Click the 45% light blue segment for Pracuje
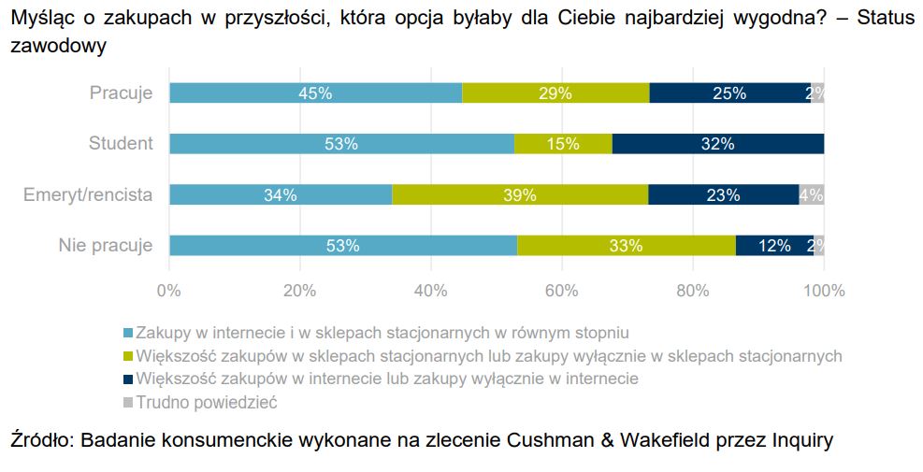coord(315,93)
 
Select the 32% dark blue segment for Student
coord(718,144)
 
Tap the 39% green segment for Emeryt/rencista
coord(520,194)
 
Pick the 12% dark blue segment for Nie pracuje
coord(773,246)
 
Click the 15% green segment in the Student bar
coord(563,144)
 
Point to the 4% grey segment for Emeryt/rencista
coord(812,194)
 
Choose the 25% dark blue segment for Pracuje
coord(729,93)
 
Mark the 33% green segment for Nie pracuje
coord(626,246)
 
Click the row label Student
coord(121,144)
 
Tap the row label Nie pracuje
coord(105,246)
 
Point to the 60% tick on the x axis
coord(562,291)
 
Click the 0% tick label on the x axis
coord(169,291)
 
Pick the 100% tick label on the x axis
coord(823,291)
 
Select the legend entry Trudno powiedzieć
coord(207,403)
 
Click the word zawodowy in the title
coord(57,45)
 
